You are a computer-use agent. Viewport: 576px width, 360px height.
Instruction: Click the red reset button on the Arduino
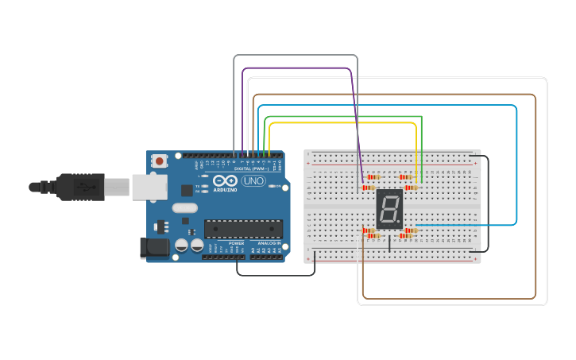pyautogui.click(x=160, y=161)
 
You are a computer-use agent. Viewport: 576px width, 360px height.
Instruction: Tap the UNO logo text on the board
pyautogui.click(x=253, y=181)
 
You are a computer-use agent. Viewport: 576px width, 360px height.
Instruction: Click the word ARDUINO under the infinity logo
pyautogui.click(x=225, y=190)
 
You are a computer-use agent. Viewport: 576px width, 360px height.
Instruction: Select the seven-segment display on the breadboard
pyautogui.click(x=389, y=209)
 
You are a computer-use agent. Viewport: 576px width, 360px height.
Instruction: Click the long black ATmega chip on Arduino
pyautogui.click(x=243, y=229)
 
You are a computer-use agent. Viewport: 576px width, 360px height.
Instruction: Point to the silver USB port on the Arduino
pyautogui.click(x=149, y=187)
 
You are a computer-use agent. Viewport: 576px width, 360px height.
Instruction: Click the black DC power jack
pyautogui.click(x=155, y=248)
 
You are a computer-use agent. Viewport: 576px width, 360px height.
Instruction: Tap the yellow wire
pyautogui.click(x=342, y=123)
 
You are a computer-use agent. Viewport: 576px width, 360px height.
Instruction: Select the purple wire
pyautogui.click(x=294, y=68)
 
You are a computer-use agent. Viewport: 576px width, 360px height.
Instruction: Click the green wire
pyautogui.click(x=342, y=116)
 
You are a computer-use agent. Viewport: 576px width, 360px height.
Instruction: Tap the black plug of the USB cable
pyautogui.click(x=79, y=187)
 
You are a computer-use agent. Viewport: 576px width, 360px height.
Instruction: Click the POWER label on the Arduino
pyautogui.click(x=236, y=243)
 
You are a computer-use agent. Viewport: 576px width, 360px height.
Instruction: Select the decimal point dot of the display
pyautogui.click(x=400, y=224)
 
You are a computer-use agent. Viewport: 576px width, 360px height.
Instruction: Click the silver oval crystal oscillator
pyautogui.click(x=184, y=208)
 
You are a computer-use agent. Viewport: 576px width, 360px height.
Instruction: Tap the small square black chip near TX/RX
pyautogui.click(x=187, y=191)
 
